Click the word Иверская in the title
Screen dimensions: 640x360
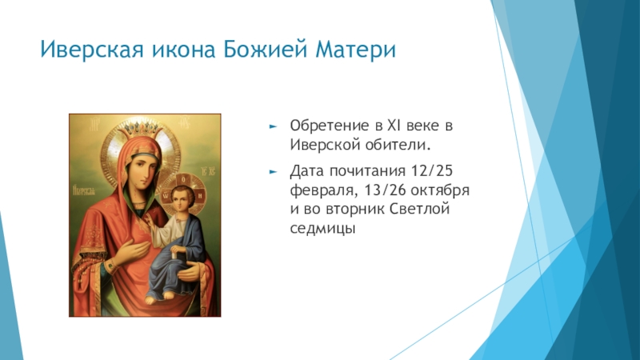click(92, 50)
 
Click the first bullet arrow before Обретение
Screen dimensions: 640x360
click(273, 126)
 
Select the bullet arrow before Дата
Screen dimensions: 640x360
click(273, 172)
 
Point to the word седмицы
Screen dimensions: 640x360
click(322, 228)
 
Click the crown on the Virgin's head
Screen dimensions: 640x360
click(138, 129)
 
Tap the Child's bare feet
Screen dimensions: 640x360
click(159, 298)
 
